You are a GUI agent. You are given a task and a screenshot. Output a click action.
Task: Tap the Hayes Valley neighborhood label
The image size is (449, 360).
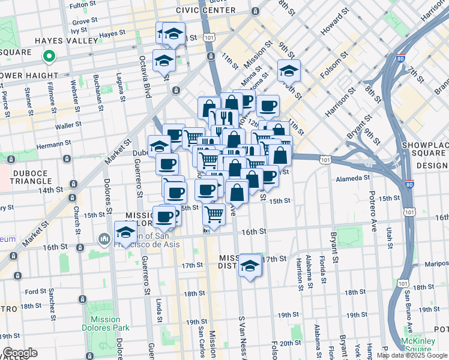tap(66, 41)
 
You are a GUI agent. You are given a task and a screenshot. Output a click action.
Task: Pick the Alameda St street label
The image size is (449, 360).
tap(352, 178)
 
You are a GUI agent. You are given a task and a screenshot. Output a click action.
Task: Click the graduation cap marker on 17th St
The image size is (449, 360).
tap(250, 266)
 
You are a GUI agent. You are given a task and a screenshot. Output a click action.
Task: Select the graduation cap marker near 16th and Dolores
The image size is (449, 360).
tap(125, 232)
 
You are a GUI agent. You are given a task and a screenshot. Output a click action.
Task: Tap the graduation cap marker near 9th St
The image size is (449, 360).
tap(289, 71)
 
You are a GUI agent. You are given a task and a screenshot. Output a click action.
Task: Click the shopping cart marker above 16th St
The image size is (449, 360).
tap(214, 214)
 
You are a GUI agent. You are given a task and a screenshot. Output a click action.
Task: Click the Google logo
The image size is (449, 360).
tap(20, 353)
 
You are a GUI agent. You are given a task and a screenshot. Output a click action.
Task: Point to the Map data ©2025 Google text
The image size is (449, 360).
tap(411, 355)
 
